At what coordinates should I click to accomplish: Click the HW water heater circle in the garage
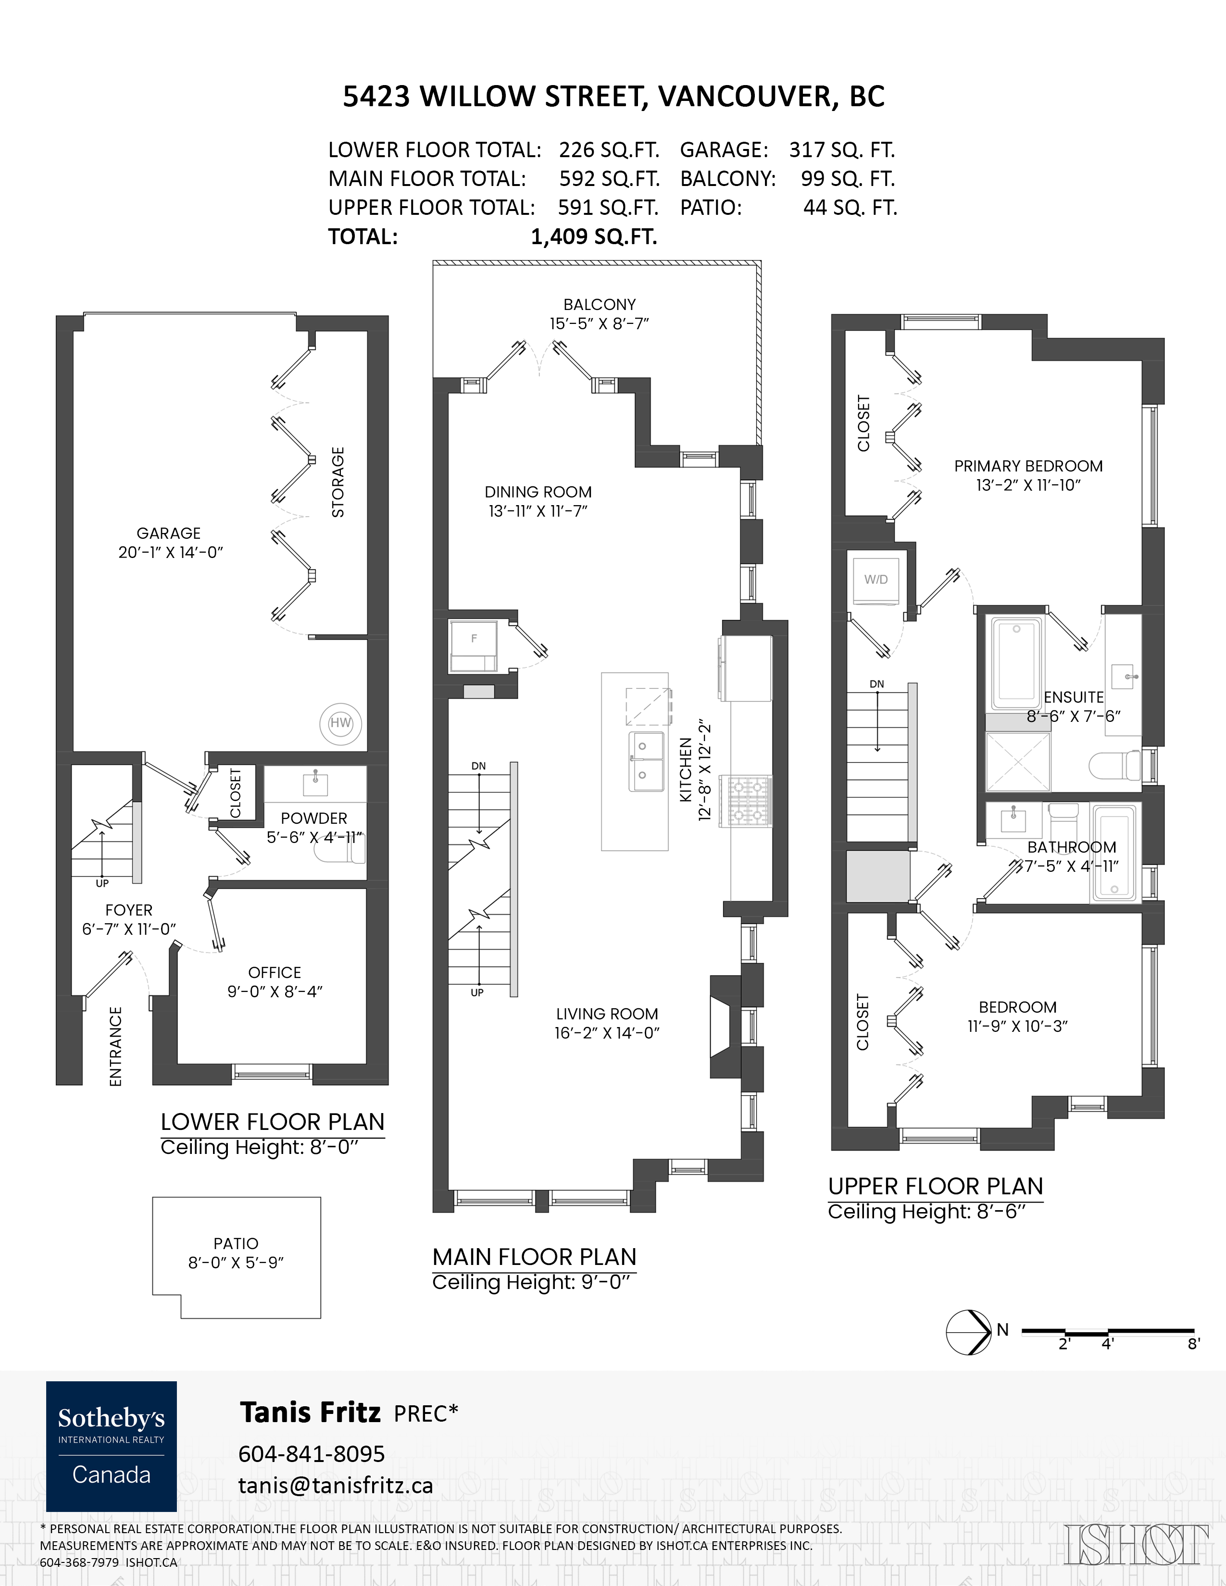341,722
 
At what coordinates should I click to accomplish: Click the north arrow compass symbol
969,1332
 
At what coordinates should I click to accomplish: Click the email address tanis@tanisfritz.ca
336,1486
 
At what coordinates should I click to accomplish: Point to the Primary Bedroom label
1028,466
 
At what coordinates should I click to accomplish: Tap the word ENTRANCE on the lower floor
115,1046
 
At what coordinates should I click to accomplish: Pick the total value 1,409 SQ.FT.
594,237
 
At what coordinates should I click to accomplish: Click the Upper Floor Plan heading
936,1187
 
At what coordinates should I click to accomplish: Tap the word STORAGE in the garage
338,482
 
